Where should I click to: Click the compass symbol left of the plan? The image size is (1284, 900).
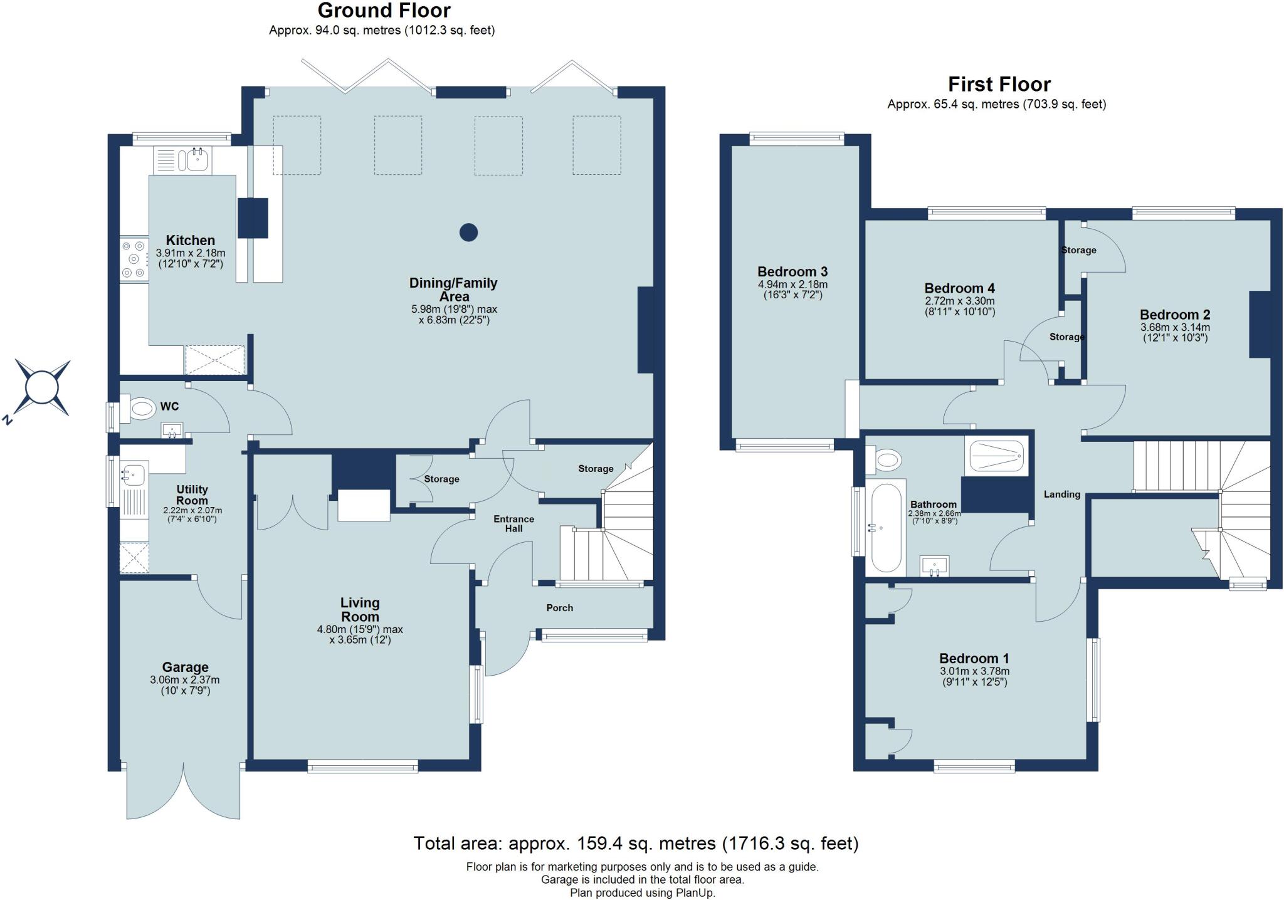click(42, 388)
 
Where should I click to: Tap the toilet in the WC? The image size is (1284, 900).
click(139, 409)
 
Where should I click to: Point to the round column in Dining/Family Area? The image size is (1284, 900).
click(468, 233)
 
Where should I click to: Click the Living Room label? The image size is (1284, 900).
click(360, 609)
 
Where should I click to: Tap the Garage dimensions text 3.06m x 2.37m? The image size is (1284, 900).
click(184, 680)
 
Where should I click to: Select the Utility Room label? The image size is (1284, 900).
click(192, 494)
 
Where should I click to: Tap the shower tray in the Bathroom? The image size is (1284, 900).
click(997, 456)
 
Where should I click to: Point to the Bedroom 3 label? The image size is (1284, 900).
click(792, 272)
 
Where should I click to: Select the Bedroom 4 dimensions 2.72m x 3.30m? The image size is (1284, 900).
click(959, 301)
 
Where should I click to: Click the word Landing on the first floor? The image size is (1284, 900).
click(1061, 494)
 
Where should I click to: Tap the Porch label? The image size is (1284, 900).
click(559, 607)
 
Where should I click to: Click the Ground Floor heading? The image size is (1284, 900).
click(384, 11)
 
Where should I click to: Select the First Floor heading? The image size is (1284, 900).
click(999, 84)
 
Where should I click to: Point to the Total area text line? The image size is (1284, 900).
click(636, 844)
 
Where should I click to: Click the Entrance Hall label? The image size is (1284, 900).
click(513, 523)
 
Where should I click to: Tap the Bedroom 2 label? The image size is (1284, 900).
click(1174, 315)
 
